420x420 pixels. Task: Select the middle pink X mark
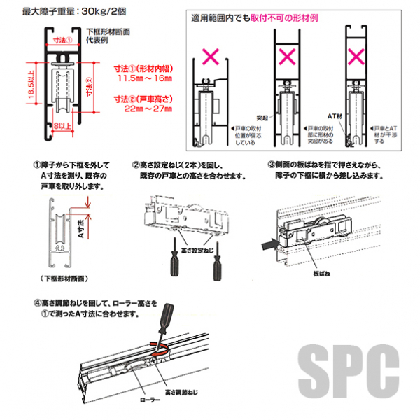(286, 55)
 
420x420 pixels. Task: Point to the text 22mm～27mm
(144, 109)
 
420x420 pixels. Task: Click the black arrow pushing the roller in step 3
(267, 244)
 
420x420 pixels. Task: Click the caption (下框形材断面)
(64, 279)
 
